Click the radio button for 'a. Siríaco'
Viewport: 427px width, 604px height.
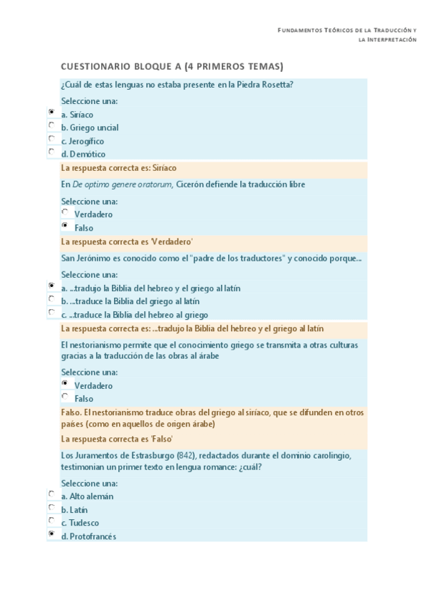coord(51,113)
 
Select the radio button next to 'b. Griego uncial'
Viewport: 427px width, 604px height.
coord(51,125)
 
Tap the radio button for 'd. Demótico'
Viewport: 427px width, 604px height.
coord(51,152)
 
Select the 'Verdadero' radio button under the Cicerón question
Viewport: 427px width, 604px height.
coord(66,212)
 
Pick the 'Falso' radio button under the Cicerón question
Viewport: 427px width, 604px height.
coord(66,226)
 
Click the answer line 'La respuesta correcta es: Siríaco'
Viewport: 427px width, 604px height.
coord(119,168)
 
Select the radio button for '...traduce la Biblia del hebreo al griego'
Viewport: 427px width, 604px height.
coord(51,312)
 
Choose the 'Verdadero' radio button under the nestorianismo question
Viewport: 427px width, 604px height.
coord(66,383)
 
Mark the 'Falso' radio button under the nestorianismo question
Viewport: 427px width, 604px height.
coord(66,397)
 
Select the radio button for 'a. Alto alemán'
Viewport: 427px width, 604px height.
coord(51,494)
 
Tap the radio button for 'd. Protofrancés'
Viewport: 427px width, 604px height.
coord(51,533)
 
